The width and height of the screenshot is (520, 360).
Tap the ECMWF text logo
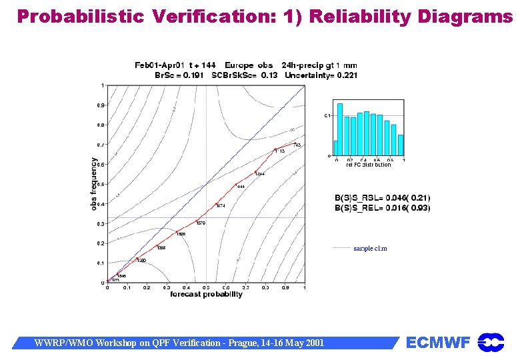[x=438, y=343]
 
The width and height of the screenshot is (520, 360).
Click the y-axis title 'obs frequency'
[x=94, y=184]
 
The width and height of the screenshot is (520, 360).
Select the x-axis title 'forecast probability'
[x=206, y=294]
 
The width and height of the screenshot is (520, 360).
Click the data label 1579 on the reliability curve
[x=201, y=223]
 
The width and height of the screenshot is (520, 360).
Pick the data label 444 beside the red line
[x=241, y=187]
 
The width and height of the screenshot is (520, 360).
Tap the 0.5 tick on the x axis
[x=206, y=288]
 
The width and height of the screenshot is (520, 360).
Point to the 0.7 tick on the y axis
[x=101, y=145]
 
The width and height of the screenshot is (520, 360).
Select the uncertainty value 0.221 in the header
[x=345, y=75]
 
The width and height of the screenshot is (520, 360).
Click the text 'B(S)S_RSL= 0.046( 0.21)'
[x=382, y=198]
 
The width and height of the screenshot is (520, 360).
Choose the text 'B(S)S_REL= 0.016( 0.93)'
[x=382, y=208]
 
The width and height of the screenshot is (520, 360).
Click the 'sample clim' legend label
[x=370, y=249]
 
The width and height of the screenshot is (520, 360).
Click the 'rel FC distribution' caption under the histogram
[x=368, y=165]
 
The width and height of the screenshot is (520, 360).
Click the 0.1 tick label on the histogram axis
[x=327, y=116]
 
